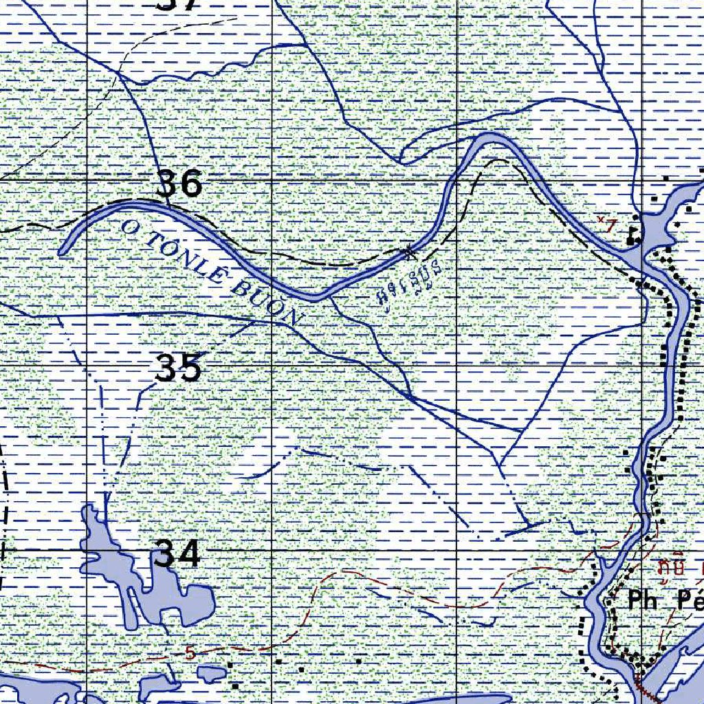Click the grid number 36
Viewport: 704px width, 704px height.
tap(179, 184)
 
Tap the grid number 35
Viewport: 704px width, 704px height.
tap(178, 368)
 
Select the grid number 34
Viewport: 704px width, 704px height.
tap(177, 554)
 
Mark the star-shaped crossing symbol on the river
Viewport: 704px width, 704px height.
tap(410, 252)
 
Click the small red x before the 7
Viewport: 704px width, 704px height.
tap(600, 220)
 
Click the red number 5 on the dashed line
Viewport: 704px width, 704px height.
tap(190, 652)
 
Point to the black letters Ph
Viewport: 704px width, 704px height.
tap(642, 600)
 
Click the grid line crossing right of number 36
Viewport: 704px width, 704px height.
tap(272, 180)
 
